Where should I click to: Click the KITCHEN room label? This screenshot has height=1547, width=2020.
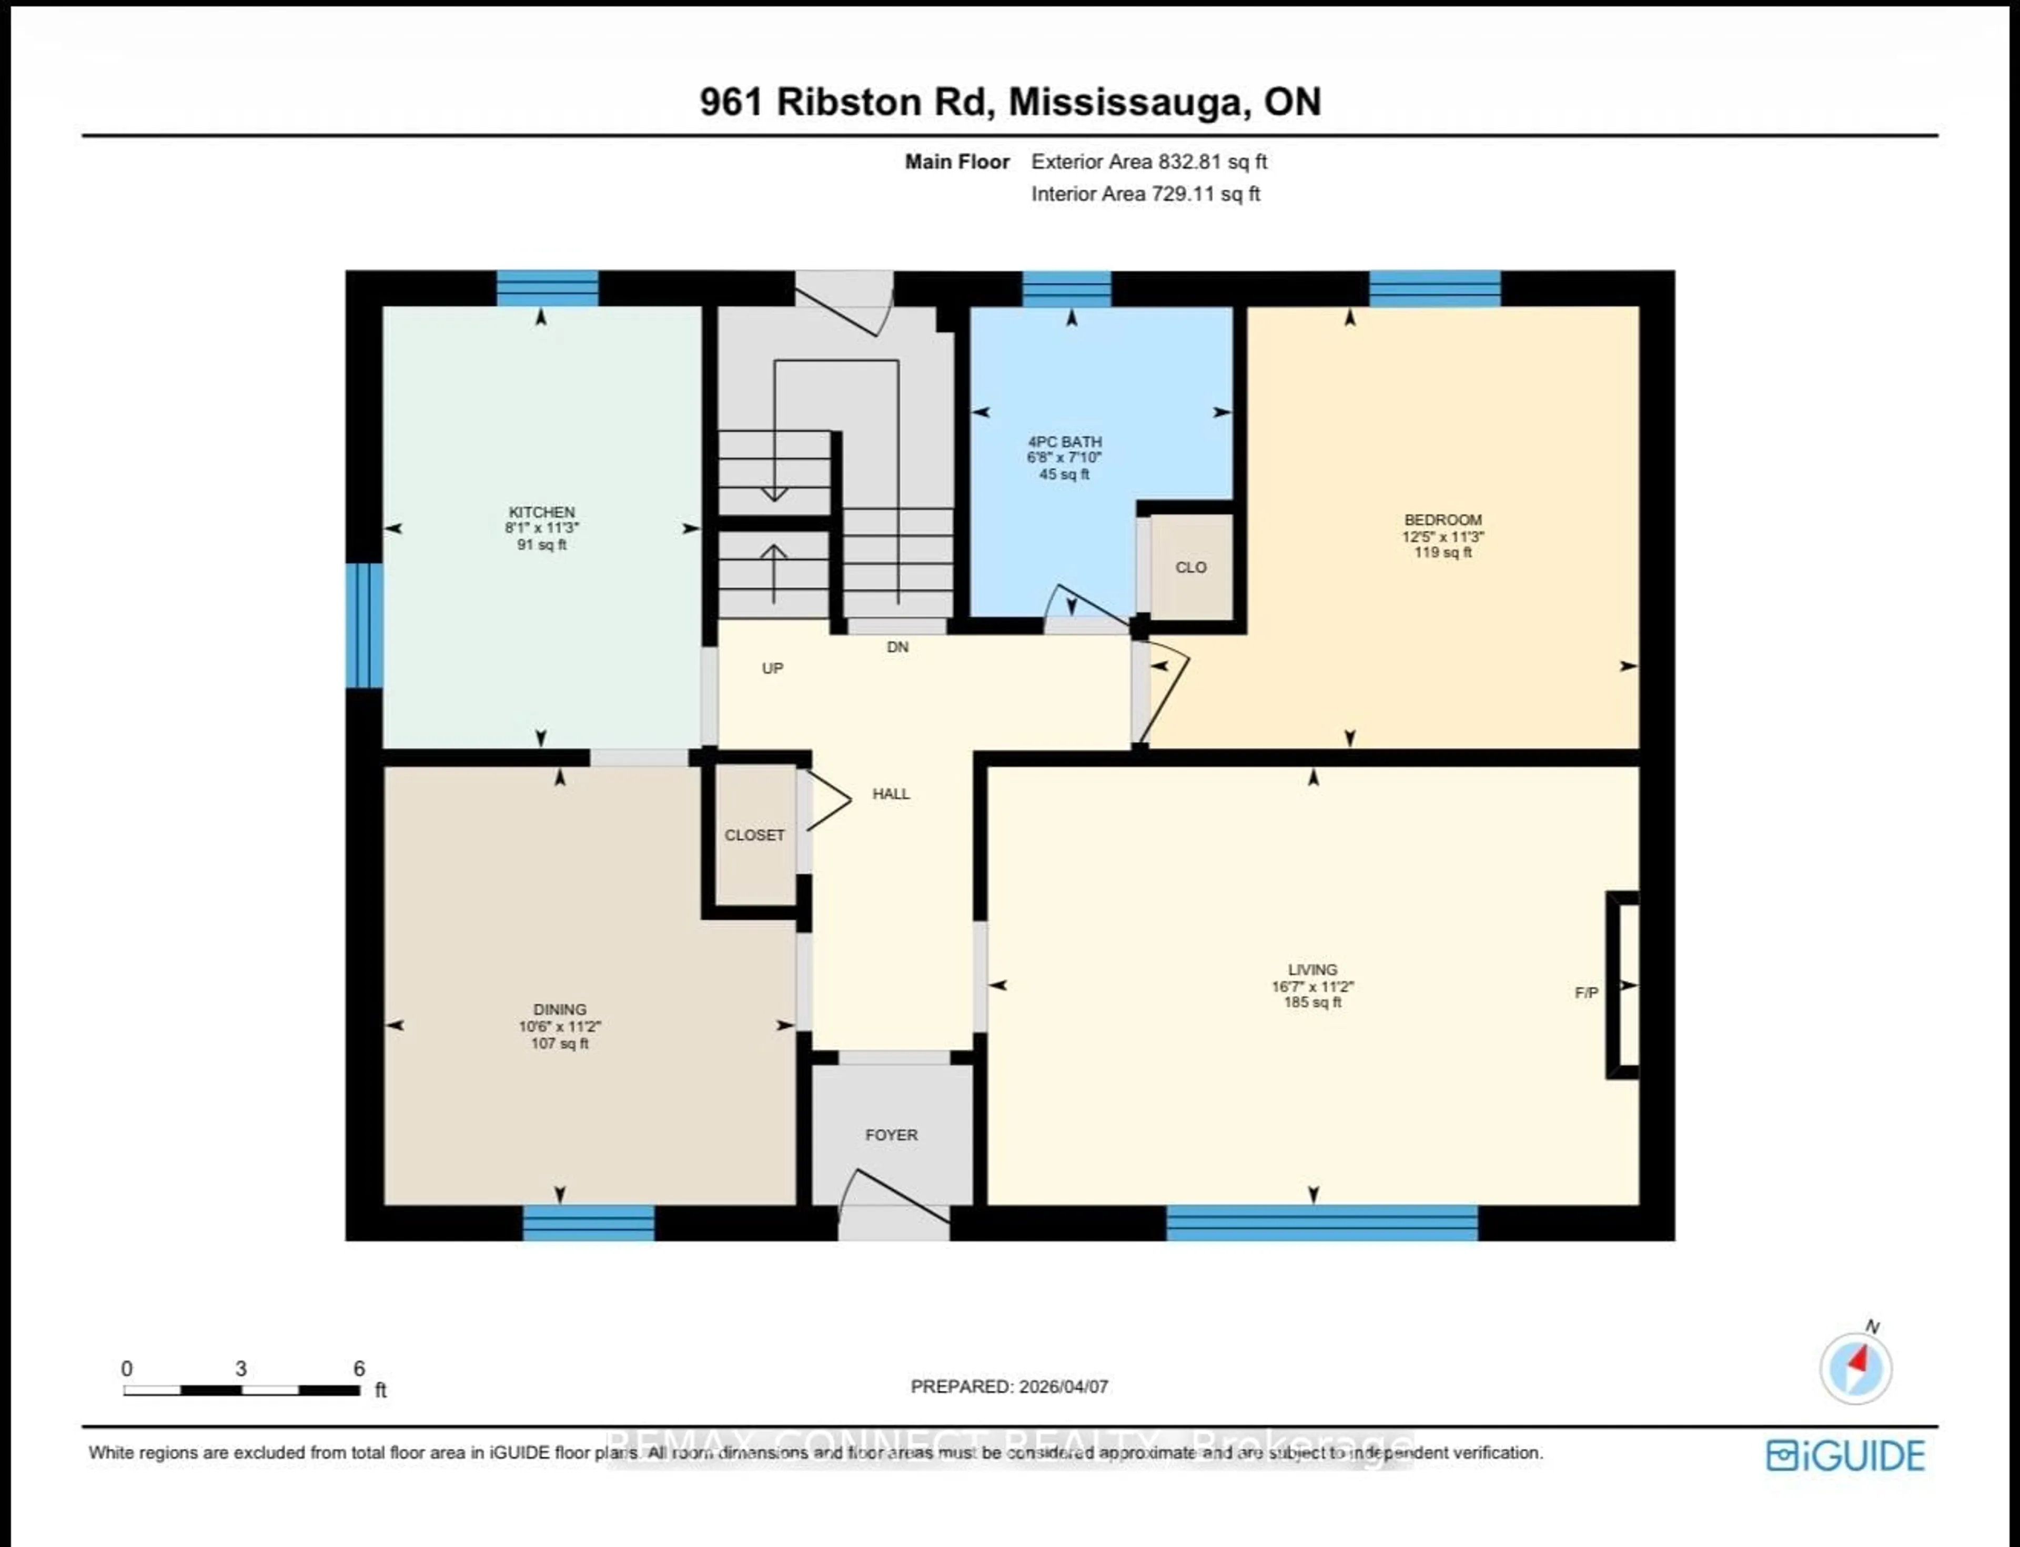tap(541, 512)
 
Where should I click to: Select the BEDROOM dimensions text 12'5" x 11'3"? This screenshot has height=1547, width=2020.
tap(1443, 536)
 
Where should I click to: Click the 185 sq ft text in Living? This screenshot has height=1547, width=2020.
tap(1312, 1002)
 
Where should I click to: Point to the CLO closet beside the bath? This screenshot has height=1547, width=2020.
tap(1190, 567)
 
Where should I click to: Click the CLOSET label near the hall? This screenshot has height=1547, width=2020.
tap(754, 835)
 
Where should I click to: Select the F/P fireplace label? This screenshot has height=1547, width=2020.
tap(1585, 993)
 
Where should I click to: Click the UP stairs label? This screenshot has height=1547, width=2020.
tap(772, 669)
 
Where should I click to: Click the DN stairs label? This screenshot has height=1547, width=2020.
tap(897, 648)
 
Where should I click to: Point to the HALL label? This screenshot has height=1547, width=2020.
tap(890, 794)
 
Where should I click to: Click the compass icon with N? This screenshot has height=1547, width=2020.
tap(1855, 1368)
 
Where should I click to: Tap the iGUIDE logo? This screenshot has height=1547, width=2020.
tap(1845, 1456)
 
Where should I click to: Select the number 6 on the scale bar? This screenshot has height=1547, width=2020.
tap(359, 1368)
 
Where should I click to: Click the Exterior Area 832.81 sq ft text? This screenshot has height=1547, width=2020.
tap(1148, 162)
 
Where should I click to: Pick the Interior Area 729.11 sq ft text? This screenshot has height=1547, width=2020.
tap(1145, 194)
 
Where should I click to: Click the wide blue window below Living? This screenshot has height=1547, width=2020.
tap(1321, 1223)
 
